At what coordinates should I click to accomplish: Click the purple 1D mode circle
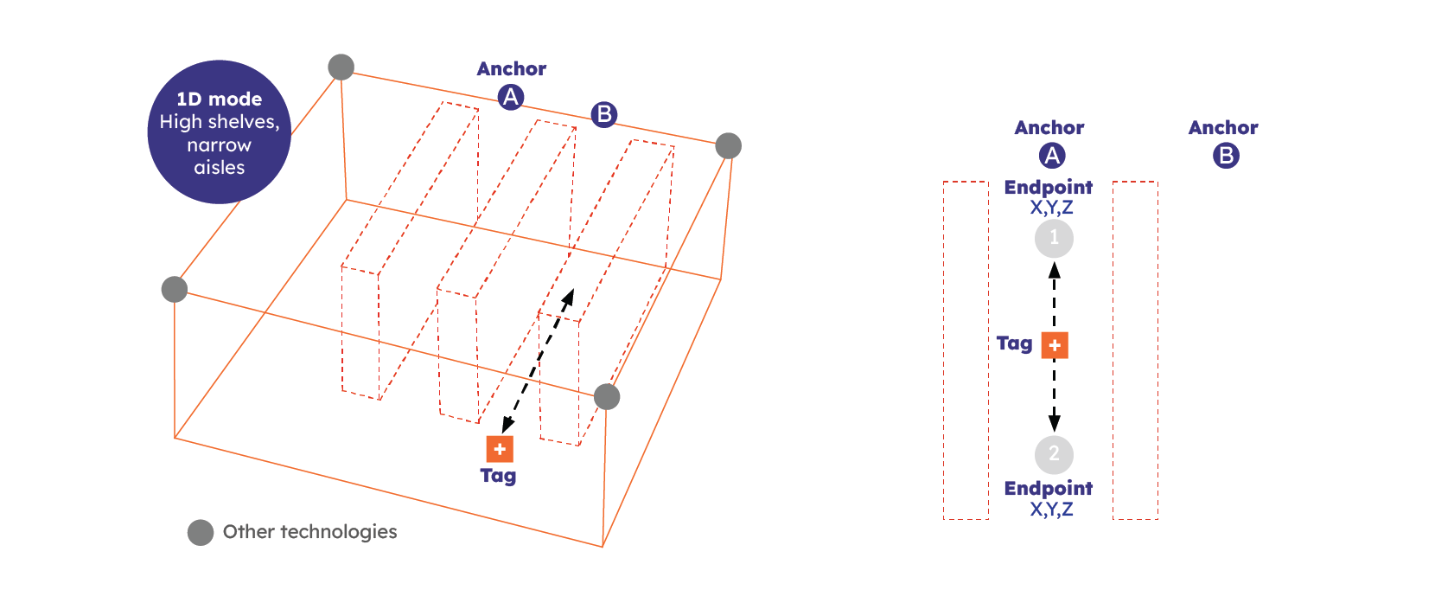click(x=220, y=131)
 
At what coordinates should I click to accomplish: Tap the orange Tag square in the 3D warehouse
click(x=500, y=449)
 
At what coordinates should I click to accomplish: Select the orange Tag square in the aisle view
click(x=1055, y=345)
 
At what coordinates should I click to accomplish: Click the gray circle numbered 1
click(x=1054, y=239)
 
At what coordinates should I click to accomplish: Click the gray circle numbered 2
click(x=1054, y=454)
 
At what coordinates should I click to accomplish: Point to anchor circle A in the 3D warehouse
click(x=511, y=98)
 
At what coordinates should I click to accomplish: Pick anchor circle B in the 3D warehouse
click(x=604, y=114)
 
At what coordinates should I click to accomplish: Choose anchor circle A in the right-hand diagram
click(x=1052, y=156)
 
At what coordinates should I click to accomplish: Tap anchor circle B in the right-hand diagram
click(x=1226, y=156)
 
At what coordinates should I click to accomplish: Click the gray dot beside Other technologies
click(x=201, y=533)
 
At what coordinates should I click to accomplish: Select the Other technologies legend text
click(x=309, y=532)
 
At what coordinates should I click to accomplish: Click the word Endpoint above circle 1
click(x=1049, y=187)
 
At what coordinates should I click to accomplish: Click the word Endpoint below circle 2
click(x=1049, y=489)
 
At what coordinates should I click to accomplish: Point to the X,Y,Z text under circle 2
click(x=1051, y=510)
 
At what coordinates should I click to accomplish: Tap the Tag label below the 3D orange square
click(x=499, y=477)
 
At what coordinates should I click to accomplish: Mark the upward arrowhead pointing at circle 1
click(x=1055, y=270)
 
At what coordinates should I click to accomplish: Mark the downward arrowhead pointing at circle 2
click(x=1055, y=422)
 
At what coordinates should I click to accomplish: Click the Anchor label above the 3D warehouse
click(x=512, y=69)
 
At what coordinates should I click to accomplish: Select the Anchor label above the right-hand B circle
click(x=1223, y=128)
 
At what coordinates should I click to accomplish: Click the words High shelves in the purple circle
click(x=220, y=122)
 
